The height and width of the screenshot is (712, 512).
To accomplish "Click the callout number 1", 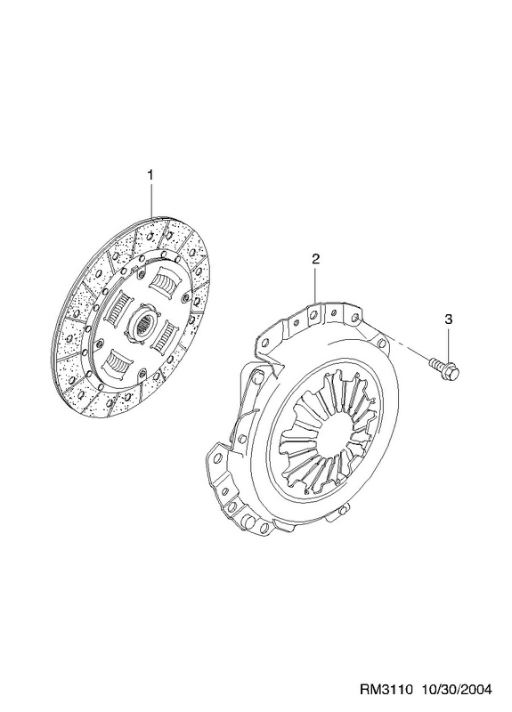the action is point(150,174).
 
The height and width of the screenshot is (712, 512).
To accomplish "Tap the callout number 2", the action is point(316,259).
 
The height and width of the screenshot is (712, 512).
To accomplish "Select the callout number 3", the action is point(449,320).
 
